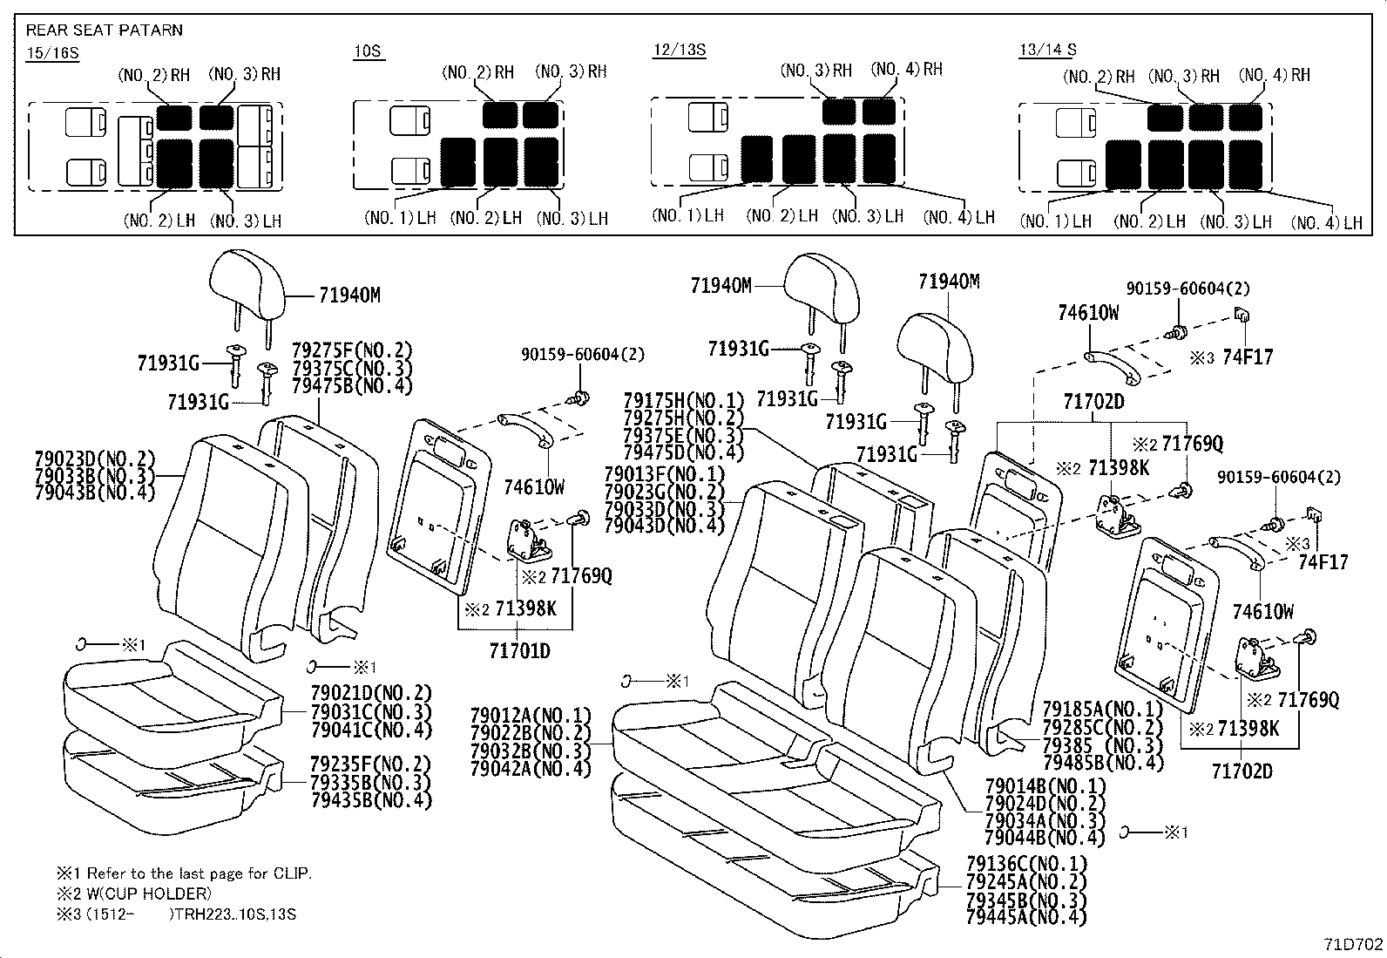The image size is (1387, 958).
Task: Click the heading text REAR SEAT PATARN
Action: point(104,31)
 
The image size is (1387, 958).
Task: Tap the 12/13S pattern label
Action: point(679,49)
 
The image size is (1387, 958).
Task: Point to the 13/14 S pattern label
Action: point(1047,50)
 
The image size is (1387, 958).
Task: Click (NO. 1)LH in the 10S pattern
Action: point(400,218)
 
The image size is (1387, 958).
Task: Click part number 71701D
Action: point(519,650)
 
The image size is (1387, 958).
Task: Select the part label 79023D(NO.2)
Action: point(94,459)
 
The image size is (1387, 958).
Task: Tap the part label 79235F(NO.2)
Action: point(371,764)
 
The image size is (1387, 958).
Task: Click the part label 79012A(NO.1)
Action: point(530,715)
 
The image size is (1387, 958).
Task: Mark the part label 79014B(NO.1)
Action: point(1045,785)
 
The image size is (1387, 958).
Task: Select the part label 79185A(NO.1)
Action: point(1103,709)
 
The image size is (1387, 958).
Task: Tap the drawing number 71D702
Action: point(1353,943)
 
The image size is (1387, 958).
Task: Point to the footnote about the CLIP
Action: point(184,873)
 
